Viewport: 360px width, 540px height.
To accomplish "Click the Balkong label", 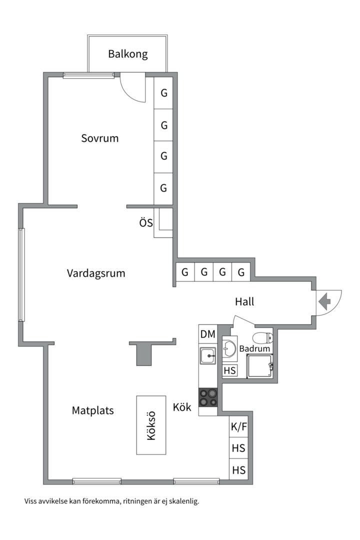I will tap(128, 54).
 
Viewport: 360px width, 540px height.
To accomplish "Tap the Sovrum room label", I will tap(100, 138).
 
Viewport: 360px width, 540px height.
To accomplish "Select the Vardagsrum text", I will tap(96, 273).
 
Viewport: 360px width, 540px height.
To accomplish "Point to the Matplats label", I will tap(93, 410).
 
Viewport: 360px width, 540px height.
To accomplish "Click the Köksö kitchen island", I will tap(151, 425).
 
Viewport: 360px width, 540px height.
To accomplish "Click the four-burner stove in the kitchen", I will tap(208, 397).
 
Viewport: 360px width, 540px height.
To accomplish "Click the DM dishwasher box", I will tap(207, 334).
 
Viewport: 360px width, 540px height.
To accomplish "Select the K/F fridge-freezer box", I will tap(238, 427).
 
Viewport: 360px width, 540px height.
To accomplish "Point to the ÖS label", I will tap(146, 222).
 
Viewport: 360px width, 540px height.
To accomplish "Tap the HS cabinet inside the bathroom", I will tap(230, 371).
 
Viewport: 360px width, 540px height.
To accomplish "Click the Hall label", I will tap(244, 301).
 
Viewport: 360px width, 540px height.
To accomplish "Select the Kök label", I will tap(182, 407).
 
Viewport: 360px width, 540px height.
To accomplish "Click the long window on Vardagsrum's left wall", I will tap(21, 274).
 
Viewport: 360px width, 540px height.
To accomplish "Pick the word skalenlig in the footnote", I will tap(182, 501).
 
